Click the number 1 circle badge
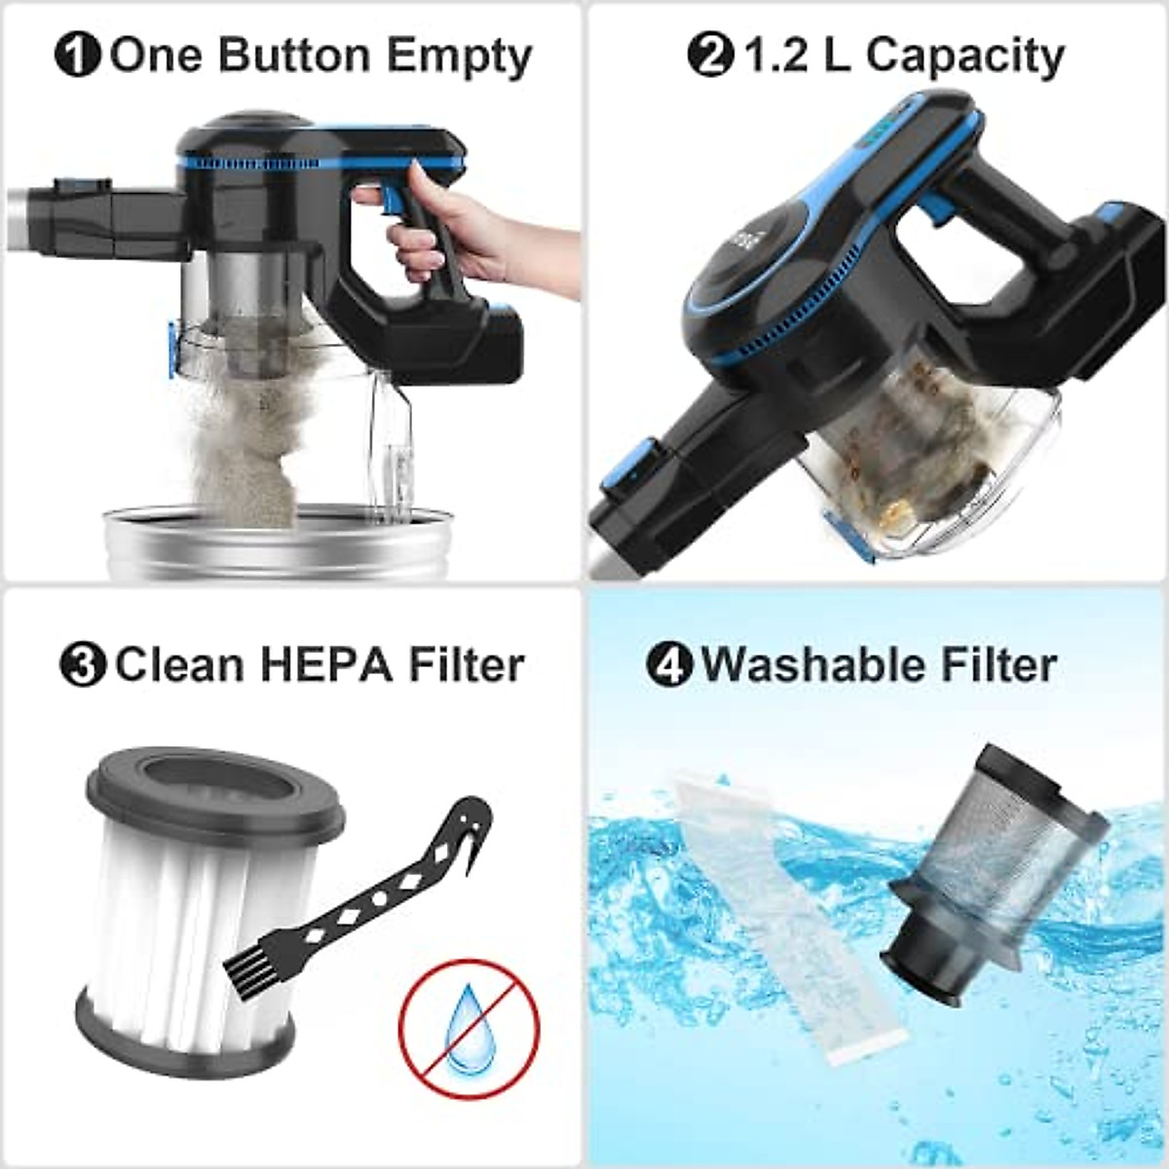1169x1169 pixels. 78,57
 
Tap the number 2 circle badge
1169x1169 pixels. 709,57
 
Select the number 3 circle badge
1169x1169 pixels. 83,665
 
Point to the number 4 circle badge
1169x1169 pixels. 669,665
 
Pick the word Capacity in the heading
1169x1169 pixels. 964,57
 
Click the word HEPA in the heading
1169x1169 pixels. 325,665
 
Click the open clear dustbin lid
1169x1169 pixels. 399,438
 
